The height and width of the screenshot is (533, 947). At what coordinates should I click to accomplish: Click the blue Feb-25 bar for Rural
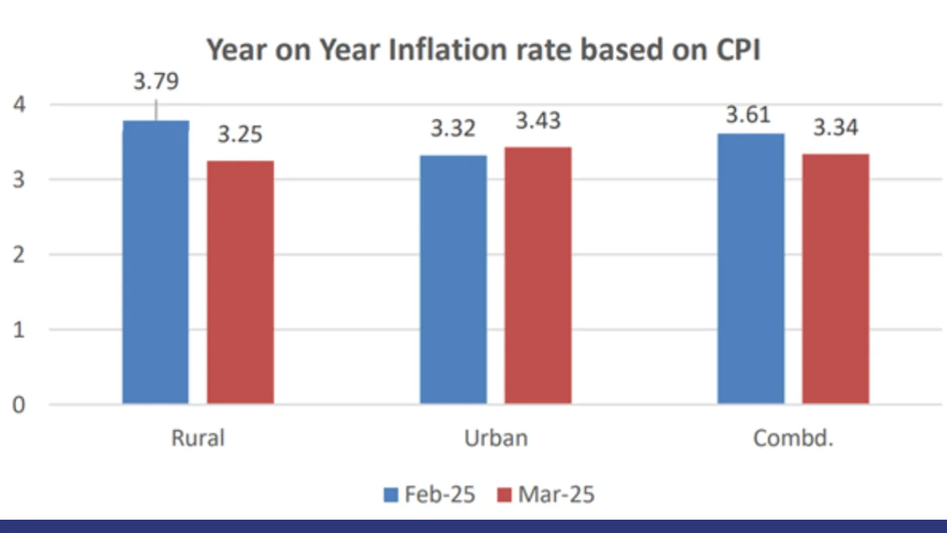pos(155,262)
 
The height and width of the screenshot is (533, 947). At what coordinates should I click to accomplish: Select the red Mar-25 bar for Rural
pos(240,282)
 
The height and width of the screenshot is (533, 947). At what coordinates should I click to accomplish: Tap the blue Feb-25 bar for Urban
pos(453,279)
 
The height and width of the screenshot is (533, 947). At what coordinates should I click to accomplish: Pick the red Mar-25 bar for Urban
pos(538,275)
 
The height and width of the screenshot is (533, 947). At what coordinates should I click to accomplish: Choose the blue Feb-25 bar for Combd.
pos(750,269)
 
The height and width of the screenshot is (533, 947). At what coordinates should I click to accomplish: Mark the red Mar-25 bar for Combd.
pos(835,278)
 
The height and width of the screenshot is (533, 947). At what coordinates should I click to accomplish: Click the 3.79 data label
pos(156,81)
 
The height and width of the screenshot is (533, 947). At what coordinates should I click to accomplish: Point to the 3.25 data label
pos(240,135)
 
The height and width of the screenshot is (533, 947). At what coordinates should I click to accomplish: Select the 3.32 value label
pos(453,129)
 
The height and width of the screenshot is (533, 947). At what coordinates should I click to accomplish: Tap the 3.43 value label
pos(538,121)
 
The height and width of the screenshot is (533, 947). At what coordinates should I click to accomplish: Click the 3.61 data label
pos(748,115)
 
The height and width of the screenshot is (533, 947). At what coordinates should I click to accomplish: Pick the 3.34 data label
pos(835,128)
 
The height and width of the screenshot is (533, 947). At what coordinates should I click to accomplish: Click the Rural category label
pos(198,438)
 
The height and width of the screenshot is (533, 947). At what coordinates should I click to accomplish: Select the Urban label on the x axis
pos(496,438)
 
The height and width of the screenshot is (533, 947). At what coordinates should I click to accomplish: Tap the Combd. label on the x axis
pos(793,438)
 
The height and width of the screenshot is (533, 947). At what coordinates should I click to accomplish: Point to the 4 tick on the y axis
pos(18,104)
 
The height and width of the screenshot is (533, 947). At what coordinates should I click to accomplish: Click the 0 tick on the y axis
pos(18,405)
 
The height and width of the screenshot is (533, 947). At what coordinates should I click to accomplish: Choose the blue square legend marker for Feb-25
pos(391,495)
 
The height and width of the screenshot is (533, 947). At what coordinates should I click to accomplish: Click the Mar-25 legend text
pos(556,495)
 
